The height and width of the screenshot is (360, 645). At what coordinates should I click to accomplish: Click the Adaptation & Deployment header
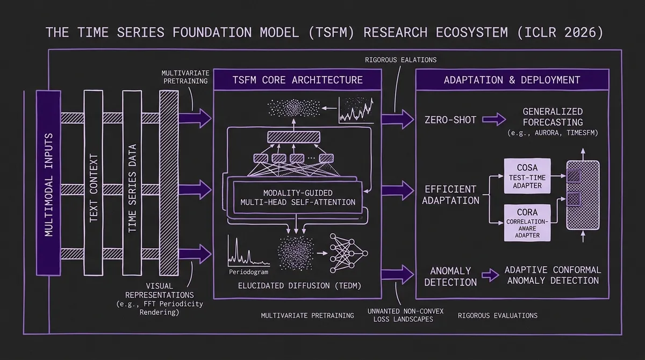(512, 80)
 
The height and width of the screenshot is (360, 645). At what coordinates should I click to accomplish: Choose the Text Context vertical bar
(93, 182)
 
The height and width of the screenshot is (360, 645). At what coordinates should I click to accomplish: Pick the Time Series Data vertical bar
(132, 182)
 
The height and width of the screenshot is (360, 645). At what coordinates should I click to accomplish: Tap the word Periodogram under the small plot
(248, 272)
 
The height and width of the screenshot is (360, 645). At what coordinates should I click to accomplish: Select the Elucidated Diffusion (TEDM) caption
(292, 286)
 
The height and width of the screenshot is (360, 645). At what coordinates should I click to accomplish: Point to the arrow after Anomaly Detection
(490, 276)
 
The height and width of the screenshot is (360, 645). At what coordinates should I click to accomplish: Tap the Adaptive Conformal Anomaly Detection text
(553, 275)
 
